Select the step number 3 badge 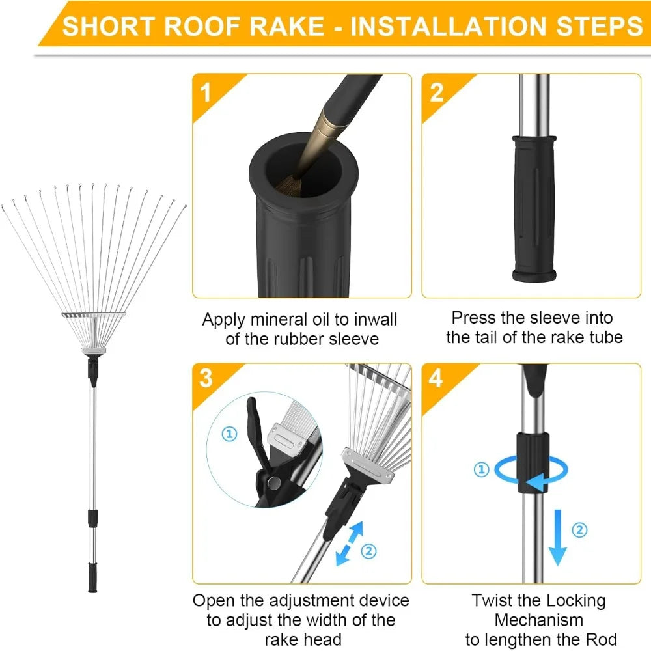[206, 378]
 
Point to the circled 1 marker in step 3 [229, 434]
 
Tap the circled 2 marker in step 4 [579, 529]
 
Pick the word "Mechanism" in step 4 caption [538, 620]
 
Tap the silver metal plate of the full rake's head [94, 317]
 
